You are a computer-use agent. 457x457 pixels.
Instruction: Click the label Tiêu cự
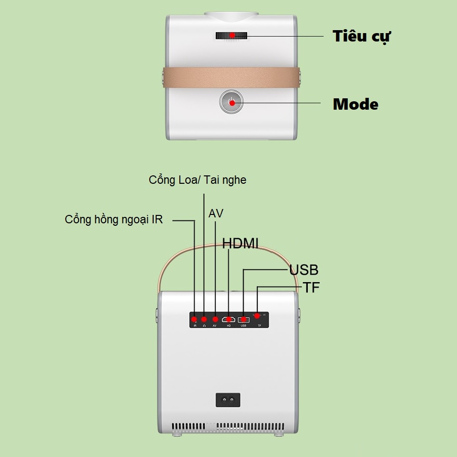click(x=362, y=37)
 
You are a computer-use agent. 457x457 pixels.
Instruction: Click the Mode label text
click(x=355, y=104)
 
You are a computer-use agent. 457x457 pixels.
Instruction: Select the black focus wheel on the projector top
click(x=231, y=35)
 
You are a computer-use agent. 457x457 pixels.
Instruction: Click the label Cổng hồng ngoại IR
click(x=114, y=219)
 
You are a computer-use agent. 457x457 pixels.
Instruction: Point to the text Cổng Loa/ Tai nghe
click(x=198, y=180)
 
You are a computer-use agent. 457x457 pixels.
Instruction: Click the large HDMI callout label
click(x=240, y=243)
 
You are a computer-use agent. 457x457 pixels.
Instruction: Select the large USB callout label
click(x=304, y=270)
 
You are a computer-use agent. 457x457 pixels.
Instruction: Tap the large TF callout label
click(x=311, y=288)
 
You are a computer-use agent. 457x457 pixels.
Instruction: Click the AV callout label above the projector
click(x=216, y=213)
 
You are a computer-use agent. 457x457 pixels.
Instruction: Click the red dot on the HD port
click(x=229, y=319)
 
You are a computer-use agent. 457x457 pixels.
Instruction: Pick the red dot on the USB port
click(x=244, y=319)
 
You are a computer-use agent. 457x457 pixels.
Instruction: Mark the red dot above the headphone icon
click(x=204, y=319)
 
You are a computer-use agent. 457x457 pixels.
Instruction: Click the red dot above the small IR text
click(x=195, y=319)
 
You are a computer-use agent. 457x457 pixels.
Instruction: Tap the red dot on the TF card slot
click(x=257, y=316)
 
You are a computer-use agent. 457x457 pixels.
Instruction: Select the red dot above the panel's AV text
click(x=215, y=319)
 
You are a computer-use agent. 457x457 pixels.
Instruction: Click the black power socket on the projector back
click(x=228, y=400)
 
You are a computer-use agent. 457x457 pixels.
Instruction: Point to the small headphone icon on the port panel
click(x=204, y=326)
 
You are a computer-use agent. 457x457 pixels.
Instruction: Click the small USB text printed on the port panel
click(x=244, y=326)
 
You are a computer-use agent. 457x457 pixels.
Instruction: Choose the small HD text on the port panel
click(x=229, y=326)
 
